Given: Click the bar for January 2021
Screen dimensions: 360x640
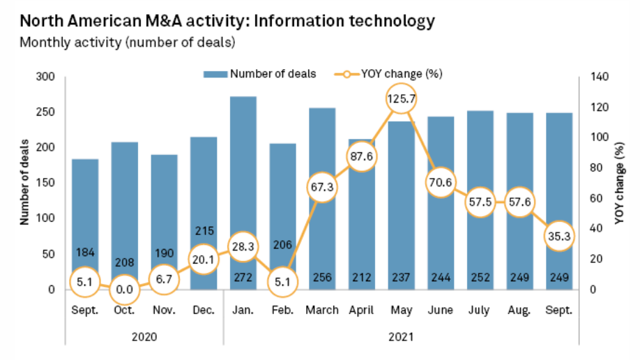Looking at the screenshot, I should [x=243, y=174].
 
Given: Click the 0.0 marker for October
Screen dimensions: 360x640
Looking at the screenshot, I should [x=124, y=288].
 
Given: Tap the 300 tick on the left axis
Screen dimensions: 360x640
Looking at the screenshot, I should [x=43, y=77].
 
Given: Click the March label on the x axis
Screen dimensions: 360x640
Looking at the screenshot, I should [x=321, y=310].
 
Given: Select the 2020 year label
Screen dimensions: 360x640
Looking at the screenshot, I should [x=144, y=336].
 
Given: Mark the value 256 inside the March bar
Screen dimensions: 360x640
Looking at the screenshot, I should [x=321, y=276].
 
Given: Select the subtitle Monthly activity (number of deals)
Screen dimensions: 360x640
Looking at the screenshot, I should [x=127, y=43].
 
